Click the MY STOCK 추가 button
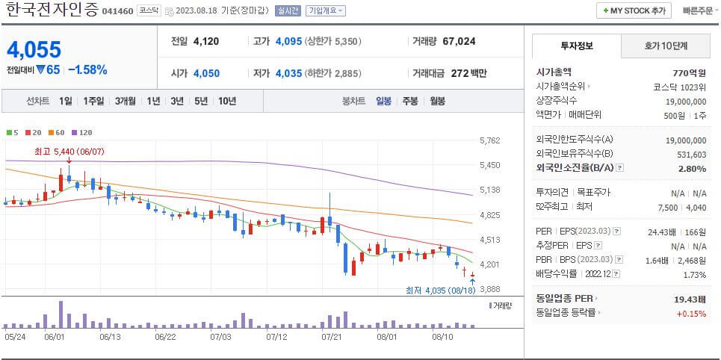click(633, 10)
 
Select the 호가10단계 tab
click(666, 46)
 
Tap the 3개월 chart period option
click(125, 101)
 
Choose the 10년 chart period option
click(227, 101)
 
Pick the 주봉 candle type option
click(410, 101)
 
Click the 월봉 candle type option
click(437, 101)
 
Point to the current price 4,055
click(34, 50)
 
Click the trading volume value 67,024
click(459, 41)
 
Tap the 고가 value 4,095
click(288, 41)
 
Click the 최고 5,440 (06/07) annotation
click(69, 151)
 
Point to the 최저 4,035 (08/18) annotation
click(439, 290)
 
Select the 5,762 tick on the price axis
click(489, 140)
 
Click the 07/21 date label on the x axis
click(330, 337)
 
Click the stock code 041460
click(117, 11)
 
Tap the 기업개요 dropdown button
click(327, 10)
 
